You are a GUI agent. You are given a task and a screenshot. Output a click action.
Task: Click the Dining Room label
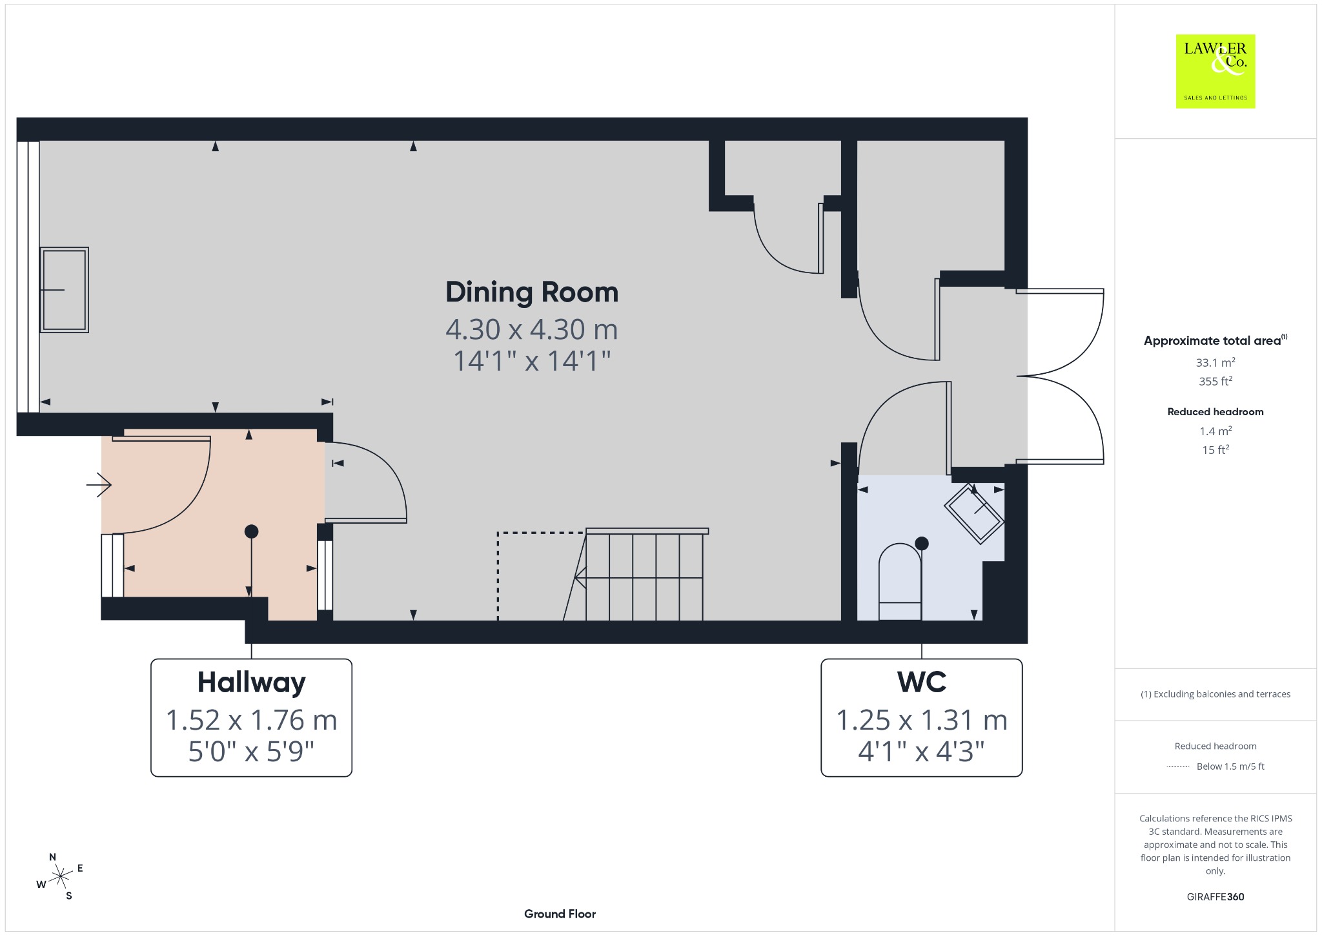532,292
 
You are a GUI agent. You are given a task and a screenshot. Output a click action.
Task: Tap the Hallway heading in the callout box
251,683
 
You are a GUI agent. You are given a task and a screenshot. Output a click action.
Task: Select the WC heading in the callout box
922,682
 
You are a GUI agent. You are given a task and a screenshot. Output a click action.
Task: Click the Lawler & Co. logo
1215,71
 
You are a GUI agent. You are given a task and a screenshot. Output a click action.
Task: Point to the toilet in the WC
900,581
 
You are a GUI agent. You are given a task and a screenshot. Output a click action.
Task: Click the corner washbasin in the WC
974,514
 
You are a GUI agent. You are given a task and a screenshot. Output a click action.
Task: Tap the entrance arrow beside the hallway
99,484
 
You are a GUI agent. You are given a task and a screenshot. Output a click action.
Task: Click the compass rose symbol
60,876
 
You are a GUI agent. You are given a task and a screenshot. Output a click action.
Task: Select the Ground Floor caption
560,914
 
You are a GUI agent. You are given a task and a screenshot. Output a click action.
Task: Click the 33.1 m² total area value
1215,362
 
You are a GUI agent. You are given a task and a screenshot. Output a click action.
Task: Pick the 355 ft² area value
1215,381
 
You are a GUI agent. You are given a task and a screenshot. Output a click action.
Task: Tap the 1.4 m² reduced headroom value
1215,431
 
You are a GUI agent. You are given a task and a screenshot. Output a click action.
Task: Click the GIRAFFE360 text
1215,896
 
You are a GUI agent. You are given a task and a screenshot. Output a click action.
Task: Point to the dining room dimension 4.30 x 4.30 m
532,329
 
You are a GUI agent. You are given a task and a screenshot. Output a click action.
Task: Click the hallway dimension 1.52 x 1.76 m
251,720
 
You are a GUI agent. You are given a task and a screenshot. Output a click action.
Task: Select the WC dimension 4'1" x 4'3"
922,751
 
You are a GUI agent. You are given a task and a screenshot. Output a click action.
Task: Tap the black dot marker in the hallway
252,531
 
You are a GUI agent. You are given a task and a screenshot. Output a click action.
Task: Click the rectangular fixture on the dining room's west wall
64,290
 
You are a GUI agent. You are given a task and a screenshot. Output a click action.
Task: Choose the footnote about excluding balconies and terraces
1215,694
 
